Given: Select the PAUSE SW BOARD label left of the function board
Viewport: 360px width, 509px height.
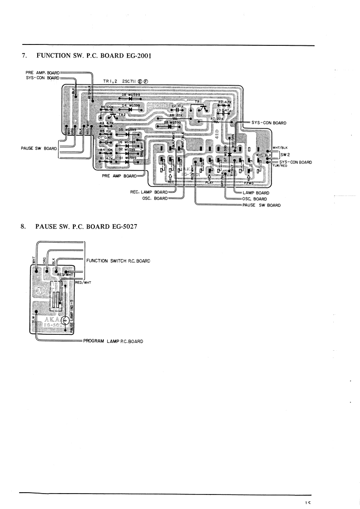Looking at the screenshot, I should click(x=39, y=148).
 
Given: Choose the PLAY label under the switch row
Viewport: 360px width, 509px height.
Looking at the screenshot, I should click(x=209, y=182).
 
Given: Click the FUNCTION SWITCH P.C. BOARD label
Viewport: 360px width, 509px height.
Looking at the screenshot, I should click(x=118, y=261).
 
